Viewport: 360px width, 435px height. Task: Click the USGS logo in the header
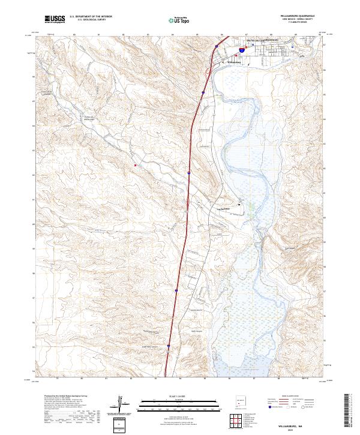click(55, 20)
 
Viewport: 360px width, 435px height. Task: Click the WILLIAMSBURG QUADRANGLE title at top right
click(296, 16)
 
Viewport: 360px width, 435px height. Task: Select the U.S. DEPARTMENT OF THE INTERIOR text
click(91, 17)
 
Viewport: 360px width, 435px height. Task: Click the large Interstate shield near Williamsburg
click(241, 51)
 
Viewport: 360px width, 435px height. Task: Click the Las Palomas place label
click(224, 208)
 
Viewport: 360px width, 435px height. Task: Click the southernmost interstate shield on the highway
click(169, 346)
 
